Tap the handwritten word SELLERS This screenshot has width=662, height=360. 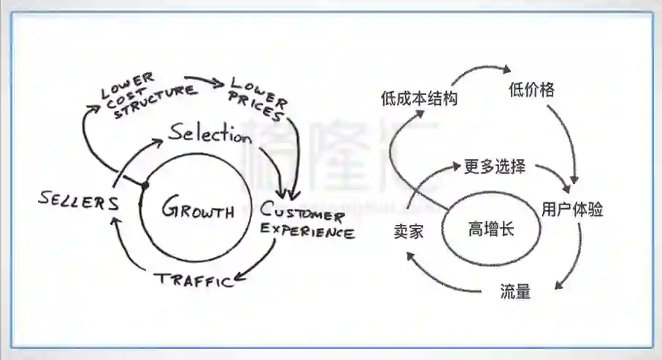tap(80, 202)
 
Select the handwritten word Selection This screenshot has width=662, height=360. tap(209, 135)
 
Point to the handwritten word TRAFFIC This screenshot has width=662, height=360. tap(192, 279)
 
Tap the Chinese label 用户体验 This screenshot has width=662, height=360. tap(572, 210)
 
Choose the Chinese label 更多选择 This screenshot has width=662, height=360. tap(494, 166)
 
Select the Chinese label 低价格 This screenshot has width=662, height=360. tap(531, 90)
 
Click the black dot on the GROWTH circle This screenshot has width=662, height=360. tap(145, 185)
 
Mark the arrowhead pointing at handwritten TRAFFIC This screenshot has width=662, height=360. tap(238, 280)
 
